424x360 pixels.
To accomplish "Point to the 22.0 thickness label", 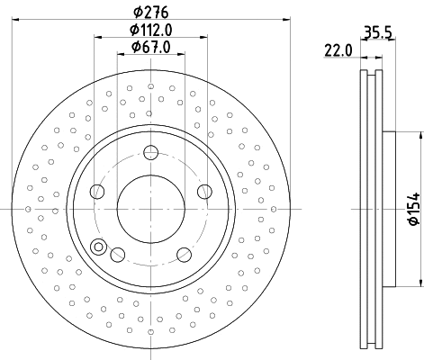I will [x=338, y=52].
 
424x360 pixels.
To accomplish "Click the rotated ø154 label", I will [x=412, y=209].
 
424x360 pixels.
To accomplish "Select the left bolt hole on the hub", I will [x=97, y=190].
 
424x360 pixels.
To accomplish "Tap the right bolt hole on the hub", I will [x=204, y=190].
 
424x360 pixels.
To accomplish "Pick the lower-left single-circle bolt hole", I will [x=117, y=255].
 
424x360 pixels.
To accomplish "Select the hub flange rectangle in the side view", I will [x=388, y=209].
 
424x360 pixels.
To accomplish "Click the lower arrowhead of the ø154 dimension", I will [x=420, y=283].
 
